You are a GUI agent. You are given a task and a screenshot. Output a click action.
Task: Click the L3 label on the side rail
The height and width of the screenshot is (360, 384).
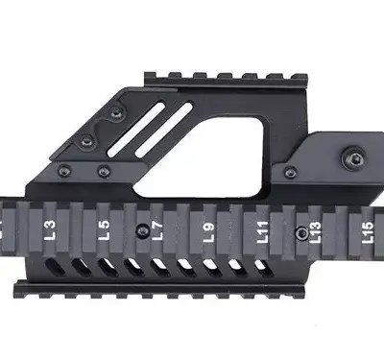click(x=49, y=230)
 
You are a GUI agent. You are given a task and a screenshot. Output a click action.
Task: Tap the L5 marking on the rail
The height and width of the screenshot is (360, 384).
click(x=104, y=230)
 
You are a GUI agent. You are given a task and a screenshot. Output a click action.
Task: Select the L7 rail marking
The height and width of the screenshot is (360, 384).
click(x=157, y=230)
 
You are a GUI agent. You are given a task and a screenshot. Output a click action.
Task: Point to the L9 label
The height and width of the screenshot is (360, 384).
click(x=208, y=231)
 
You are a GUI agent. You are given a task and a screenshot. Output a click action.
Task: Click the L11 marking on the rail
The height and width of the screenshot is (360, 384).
click(x=260, y=231)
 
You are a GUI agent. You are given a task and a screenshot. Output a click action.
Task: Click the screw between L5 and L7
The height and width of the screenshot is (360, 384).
click(x=141, y=228)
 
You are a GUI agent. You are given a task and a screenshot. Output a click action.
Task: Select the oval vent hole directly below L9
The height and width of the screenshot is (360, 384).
click(x=208, y=263)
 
